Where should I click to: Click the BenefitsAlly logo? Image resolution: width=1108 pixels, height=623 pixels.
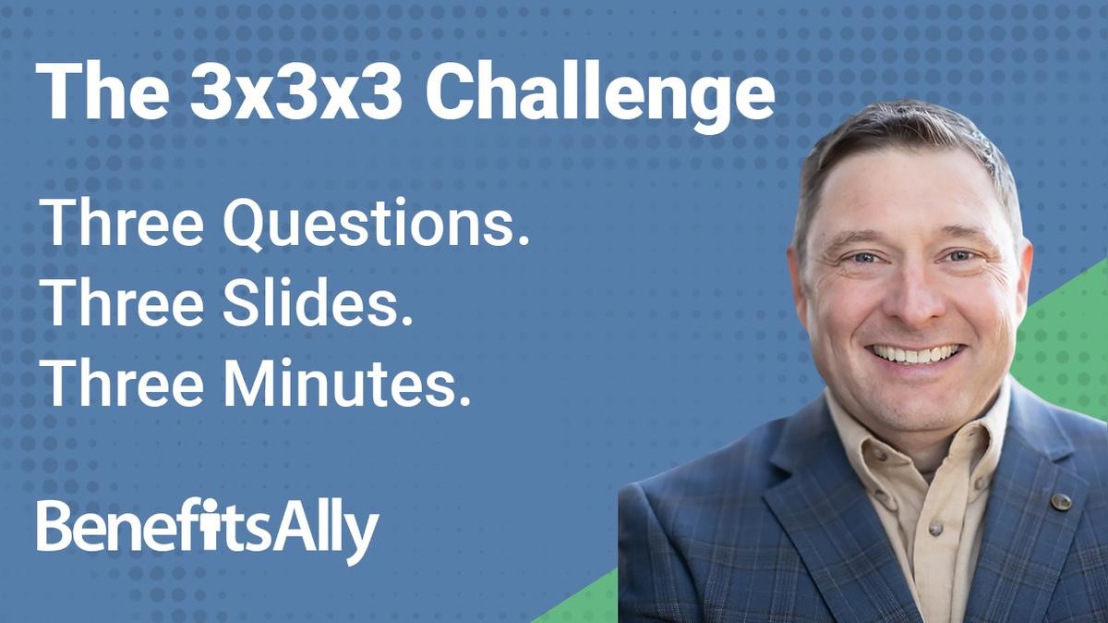coord(208,530)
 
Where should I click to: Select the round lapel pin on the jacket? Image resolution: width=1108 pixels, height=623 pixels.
coord(1061,501)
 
